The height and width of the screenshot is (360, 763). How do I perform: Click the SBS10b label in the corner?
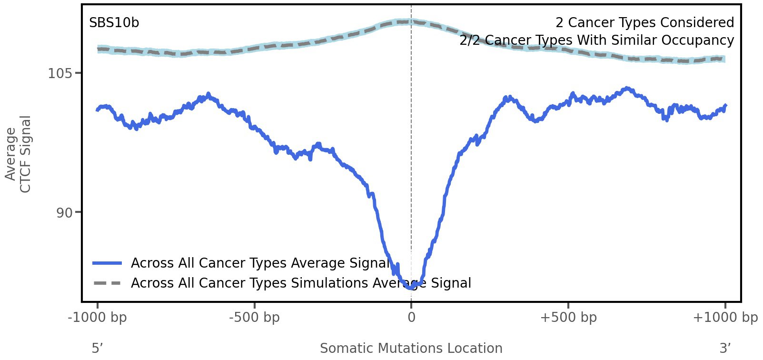coord(114,23)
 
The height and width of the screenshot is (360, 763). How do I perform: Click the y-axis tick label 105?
coord(60,74)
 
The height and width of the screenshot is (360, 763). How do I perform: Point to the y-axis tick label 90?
coord(65,213)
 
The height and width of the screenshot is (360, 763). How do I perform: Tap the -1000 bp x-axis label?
coord(98,318)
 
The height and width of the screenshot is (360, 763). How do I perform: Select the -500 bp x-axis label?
coord(254,318)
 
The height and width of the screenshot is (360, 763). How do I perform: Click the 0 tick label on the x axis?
coord(411,318)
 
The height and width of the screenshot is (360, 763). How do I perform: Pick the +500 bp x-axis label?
coord(568,318)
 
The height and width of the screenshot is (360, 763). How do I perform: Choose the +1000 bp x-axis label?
coord(725,318)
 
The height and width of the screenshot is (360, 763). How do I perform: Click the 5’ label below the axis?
coord(97,348)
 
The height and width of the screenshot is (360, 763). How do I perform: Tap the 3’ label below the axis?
coord(725,348)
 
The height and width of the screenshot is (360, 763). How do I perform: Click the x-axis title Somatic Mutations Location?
coord(411,348)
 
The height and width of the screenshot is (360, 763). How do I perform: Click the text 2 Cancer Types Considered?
coord(644,23)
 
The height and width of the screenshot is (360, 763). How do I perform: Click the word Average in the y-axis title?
coord(11,154)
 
